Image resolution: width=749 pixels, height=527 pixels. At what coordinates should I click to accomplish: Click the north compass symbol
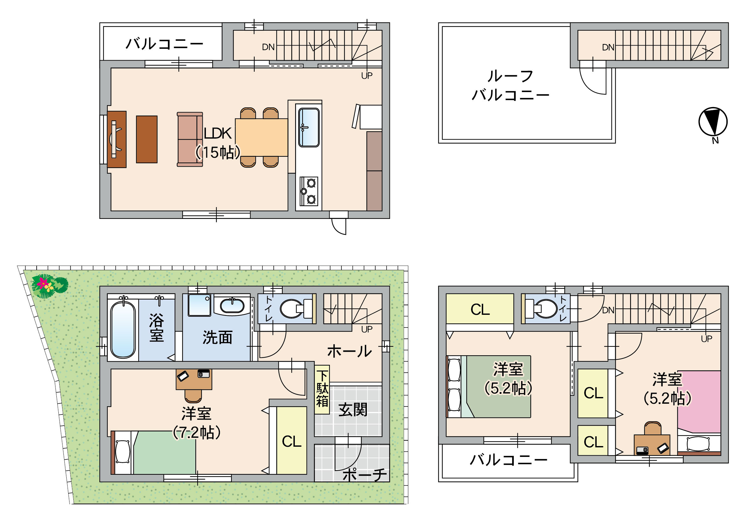tap(713, 122)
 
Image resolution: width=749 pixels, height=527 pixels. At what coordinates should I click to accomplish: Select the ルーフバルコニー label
tap(511, 85)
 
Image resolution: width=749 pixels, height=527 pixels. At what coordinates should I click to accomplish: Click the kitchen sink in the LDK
tap(309, 127)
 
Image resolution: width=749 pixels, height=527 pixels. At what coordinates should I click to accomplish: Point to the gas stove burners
tap(309, 191)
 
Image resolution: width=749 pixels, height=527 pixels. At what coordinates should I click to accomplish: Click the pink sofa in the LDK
tap(190, 139)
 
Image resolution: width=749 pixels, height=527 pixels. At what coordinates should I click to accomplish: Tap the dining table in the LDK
tap(261, 138)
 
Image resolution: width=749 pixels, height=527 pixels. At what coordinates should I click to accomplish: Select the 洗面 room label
tap(218, 337)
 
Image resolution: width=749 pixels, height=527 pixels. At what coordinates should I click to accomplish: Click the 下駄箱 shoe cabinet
tap(322, 389)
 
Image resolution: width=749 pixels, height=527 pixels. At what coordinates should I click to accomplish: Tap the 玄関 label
tap(353, 410)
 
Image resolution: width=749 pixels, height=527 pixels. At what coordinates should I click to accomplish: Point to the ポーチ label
tap(365, 475)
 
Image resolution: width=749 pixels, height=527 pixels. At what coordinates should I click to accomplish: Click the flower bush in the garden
tap(50, 286)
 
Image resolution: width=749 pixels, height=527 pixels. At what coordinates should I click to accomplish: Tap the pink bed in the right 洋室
tap(699, 402)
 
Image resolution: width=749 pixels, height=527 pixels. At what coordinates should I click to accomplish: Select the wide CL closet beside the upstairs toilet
tap(480, 309)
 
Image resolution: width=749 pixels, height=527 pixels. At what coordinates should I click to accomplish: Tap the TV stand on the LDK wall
tap(116, 139)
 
